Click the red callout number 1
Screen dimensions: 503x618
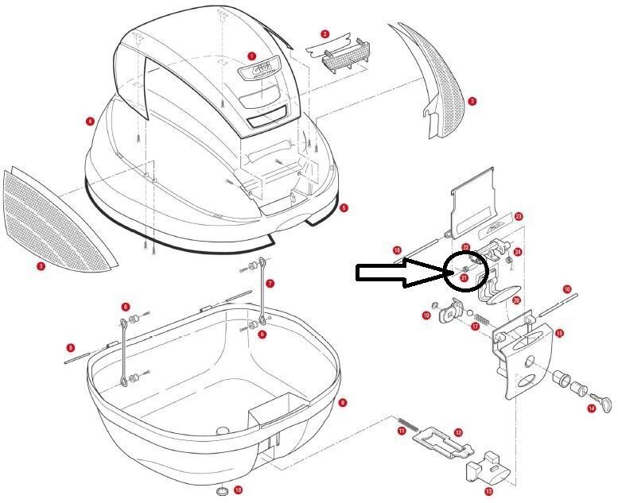(x=251, y=56)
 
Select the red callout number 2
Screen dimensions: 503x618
(x=325, y=34)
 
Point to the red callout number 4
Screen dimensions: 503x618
(x=91, y=121)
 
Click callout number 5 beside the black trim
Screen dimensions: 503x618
(x=343, y=207)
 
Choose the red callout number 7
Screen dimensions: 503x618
(x=270, y=283)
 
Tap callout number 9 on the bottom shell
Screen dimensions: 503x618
(x=342, y=403)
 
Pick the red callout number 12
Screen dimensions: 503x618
(x=458, y=432)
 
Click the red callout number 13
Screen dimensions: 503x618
(x=488, y=492)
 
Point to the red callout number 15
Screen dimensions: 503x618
(x=559, y=333)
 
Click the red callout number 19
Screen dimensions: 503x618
(x=426, y=315)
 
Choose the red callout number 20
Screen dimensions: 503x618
(x=516, y=300)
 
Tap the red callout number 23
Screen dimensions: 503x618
(x=518, y=216)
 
